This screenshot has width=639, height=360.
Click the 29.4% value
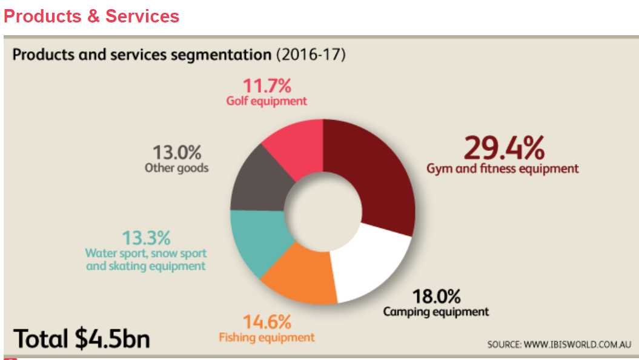(504, 147)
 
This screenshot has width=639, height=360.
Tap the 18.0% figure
(436, 297)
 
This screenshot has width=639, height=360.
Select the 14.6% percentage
(267, 321)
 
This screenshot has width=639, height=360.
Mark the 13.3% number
(146, 237)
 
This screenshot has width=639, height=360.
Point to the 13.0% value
(176, 152)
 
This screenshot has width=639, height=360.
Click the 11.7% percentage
(267, 85)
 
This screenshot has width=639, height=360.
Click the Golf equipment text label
(267, 101)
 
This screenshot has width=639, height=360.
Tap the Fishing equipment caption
(267, 337)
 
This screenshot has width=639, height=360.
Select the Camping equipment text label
(435, 312)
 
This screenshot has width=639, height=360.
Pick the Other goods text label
(176, 168)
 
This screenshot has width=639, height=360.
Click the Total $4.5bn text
(82, 338)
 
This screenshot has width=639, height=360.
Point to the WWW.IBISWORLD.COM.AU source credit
(560, 344)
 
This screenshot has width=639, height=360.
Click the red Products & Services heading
(91, 16)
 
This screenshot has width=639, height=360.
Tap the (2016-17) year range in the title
(311, 55)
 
